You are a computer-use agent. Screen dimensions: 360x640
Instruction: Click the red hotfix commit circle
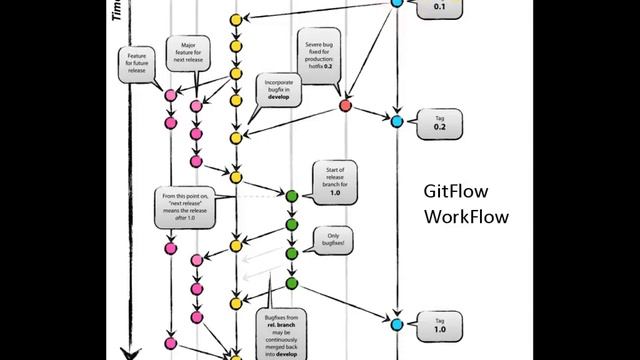(346, 104)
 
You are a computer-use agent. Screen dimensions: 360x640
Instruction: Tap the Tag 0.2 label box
(439, 123)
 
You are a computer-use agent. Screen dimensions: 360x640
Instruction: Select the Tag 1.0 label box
(439, 322)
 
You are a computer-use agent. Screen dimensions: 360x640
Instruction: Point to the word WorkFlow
(467, 216)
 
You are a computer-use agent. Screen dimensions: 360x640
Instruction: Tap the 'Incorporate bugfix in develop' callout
(277, 89)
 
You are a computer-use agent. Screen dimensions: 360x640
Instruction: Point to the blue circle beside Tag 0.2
(397, 121)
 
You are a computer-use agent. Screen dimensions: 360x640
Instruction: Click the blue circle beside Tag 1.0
(397, 324)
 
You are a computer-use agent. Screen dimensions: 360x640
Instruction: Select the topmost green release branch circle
(291, 196)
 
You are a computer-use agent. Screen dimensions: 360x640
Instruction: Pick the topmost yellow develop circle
(236, 19)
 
